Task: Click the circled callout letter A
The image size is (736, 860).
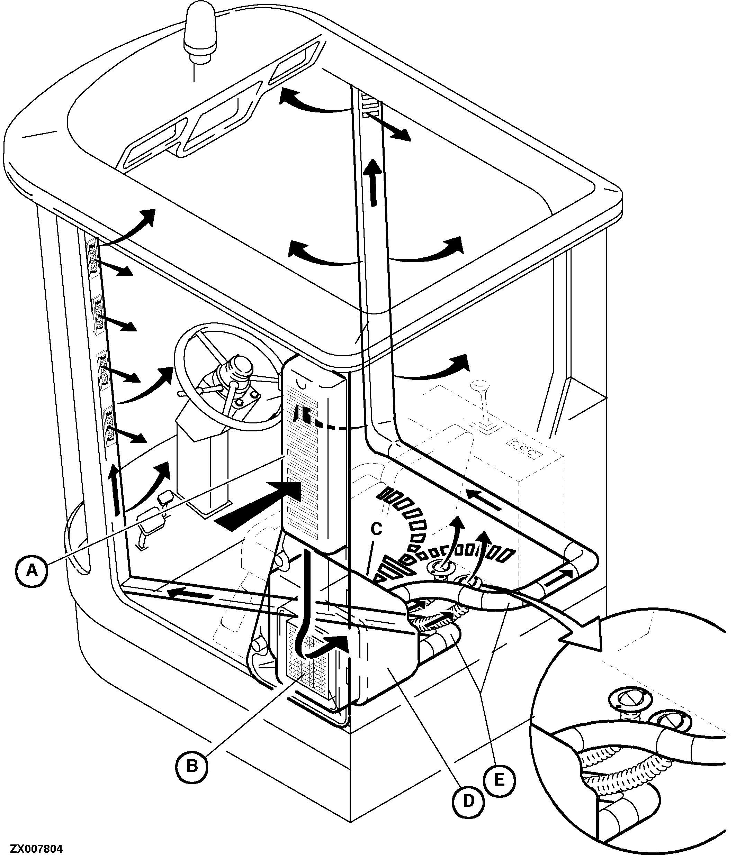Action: click(32, 571)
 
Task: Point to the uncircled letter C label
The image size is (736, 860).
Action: click(376, 529)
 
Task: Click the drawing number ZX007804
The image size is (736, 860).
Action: click(37, 849)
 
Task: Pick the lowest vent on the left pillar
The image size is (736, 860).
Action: click(109, 426)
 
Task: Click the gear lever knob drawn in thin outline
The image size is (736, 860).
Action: click(481, 388)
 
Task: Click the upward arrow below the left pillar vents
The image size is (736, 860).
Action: click(115, 490)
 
